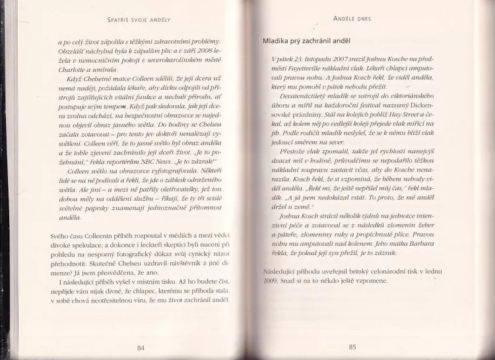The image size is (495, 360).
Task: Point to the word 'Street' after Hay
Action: [x=409, y=139]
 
